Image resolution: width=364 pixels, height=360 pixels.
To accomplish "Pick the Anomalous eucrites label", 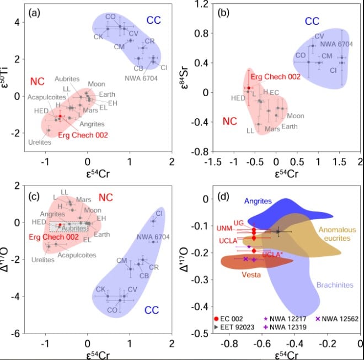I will click(x=338, y=234).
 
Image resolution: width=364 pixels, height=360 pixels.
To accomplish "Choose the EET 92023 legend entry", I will click(x=238, y=327).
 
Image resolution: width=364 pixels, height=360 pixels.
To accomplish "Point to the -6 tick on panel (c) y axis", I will click(x=16, y=333).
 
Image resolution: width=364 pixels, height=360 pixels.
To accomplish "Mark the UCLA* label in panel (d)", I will click(x=272, y=255).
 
